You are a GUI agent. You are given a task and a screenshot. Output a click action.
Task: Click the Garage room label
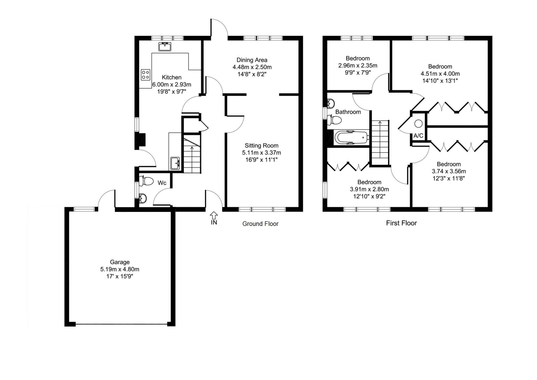120,262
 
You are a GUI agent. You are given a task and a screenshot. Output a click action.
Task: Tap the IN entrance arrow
214,215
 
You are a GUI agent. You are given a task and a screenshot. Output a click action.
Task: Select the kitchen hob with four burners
146,74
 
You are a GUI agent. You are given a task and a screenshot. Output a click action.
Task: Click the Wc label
162,183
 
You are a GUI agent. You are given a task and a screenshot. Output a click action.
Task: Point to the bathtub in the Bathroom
352,137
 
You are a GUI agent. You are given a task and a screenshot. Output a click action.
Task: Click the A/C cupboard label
418,136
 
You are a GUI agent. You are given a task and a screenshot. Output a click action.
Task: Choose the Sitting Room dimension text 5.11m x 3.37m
261,153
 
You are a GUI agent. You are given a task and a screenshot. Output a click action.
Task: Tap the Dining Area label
252,60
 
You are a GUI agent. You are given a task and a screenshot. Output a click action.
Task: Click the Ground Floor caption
260,224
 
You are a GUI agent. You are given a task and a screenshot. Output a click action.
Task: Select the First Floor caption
401,223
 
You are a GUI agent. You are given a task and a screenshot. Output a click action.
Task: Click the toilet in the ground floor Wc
146,181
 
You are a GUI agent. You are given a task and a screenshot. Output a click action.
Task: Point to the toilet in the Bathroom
334,120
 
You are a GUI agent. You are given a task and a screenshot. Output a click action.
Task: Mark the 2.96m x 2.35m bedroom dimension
358,65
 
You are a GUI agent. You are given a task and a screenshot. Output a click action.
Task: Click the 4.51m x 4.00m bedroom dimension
440,74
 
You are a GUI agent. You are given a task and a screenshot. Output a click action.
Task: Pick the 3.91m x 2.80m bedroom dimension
369,189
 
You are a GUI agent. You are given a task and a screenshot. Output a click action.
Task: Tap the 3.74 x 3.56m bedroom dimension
449,171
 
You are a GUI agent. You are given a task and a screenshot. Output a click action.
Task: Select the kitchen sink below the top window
165,46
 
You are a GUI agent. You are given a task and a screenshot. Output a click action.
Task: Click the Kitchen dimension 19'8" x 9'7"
171,92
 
